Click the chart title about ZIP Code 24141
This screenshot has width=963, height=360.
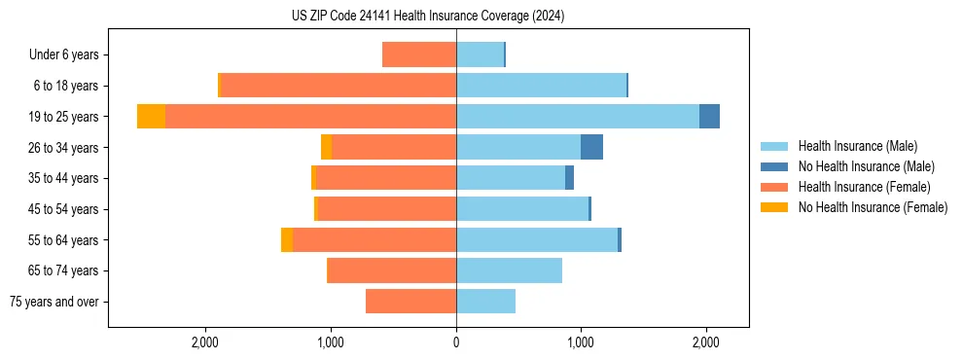click(x=428, y=17)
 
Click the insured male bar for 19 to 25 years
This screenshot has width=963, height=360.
click(x=578, y=117)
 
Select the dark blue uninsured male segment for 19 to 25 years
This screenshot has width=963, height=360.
click(x=709, y=117)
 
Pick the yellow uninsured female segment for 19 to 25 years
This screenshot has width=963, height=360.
click(x=151, y=117)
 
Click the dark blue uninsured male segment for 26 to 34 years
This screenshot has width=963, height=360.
click(x=591, y=147)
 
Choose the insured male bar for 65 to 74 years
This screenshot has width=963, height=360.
click(x=509, y=270)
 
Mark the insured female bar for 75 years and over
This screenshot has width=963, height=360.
click(x=410, y=302)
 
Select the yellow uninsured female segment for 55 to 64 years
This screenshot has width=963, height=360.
click(x=287, y=240)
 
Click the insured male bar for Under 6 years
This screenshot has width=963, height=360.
click(x=480, y=54)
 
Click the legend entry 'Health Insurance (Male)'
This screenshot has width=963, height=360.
click(x=857, y=146)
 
